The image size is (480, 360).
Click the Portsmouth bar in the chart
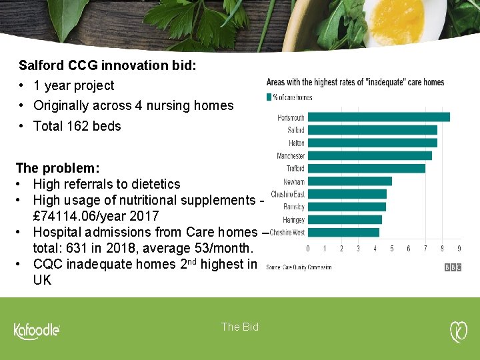point(379,117)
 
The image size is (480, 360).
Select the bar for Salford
point(372,130)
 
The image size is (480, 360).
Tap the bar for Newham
point(349,181)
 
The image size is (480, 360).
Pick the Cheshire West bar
point(343,233)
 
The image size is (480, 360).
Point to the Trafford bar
point(366,169)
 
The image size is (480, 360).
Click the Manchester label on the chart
point(291,156)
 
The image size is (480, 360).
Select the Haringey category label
point(293,220)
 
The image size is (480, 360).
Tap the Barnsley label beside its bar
point(293,207)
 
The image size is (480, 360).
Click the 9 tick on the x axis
point(459,249)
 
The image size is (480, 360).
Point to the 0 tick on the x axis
point(307,249)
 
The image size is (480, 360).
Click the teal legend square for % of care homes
point(269,97)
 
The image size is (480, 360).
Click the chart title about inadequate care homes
point(355,83)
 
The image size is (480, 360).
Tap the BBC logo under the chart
point(453,267)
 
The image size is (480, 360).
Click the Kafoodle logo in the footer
point(37,331)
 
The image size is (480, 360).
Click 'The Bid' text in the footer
point(240,327)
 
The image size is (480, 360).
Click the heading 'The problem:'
point(57,168)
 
